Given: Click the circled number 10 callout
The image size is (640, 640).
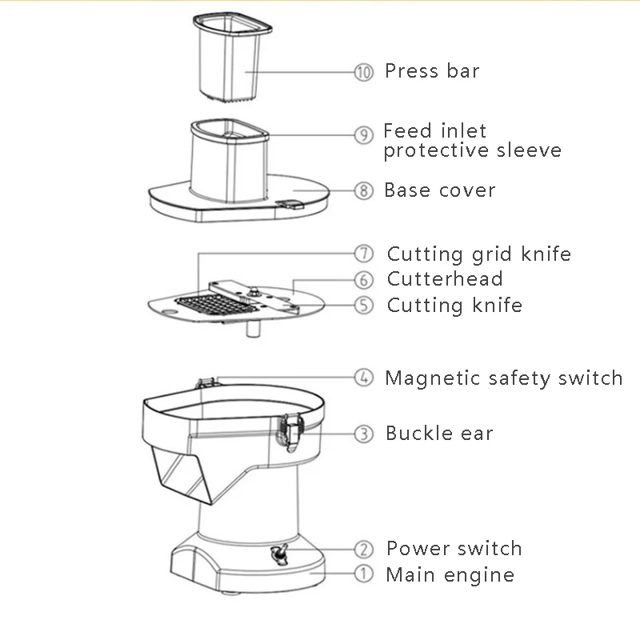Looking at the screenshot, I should tap(364, 72).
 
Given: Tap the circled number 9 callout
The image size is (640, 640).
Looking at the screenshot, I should tap(364, 135).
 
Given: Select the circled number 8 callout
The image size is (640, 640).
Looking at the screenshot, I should tap(364, 190).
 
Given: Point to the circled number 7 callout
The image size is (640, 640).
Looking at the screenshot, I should tap(364, 254).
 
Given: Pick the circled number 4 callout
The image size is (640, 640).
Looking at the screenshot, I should tap(364, 377).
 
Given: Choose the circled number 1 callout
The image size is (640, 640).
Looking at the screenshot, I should tap(364, 574).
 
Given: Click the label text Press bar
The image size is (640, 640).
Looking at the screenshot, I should tap(432, 71).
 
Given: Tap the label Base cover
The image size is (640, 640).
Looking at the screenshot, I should tap(439, 190).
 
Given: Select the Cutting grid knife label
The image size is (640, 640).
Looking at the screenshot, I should tap(478, 254).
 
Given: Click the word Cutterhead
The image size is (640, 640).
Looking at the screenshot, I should tap(445, 279).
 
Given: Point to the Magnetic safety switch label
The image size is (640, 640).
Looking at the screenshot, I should tap(503, 378).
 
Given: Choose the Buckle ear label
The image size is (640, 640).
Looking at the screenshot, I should tap(439, 434).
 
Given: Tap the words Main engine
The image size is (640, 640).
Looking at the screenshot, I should tap(450, 574).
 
